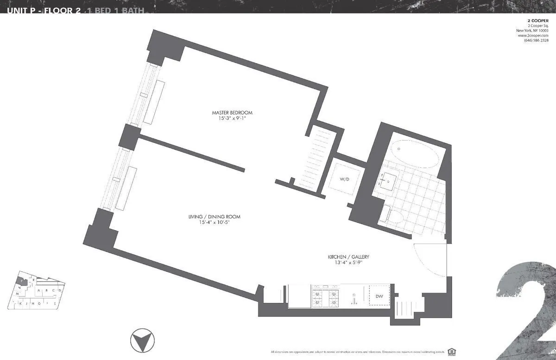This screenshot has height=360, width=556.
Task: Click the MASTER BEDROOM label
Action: click(x=232, y=113)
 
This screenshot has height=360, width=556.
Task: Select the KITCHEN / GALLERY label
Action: click(x=348, y=257)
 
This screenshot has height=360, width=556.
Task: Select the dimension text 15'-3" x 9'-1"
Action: click(x=232, y=119)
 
